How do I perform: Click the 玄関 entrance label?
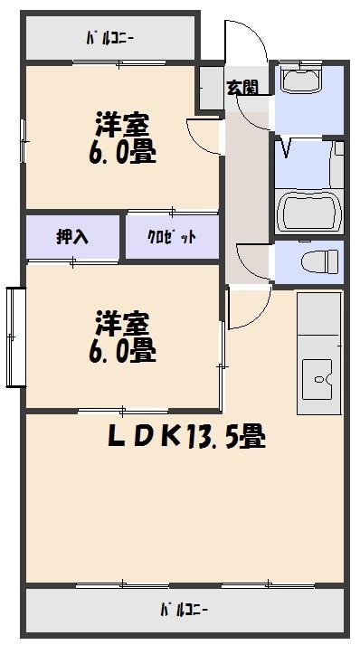241,88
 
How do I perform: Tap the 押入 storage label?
72,237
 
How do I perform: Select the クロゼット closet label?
172,237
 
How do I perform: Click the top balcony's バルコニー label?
110,39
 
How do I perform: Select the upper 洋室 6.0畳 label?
122,138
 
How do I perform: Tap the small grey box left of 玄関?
211,89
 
